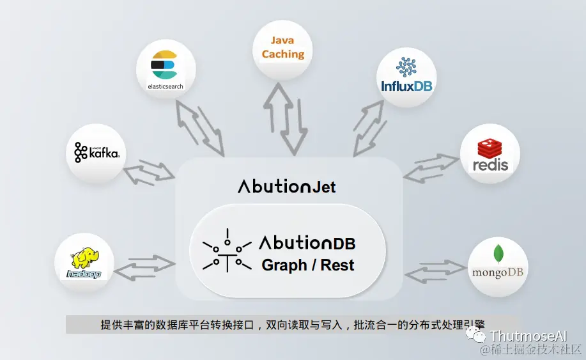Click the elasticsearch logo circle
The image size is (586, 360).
point(165,69)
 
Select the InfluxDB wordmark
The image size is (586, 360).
point(406,86)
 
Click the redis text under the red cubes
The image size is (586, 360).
point(491,164)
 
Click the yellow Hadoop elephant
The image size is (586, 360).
point(85,259)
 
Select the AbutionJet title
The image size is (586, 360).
point(286,187)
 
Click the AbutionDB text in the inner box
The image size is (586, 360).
point(307,243)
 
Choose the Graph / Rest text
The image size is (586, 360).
point(307,265)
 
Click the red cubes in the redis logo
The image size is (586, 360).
point(491,148)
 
